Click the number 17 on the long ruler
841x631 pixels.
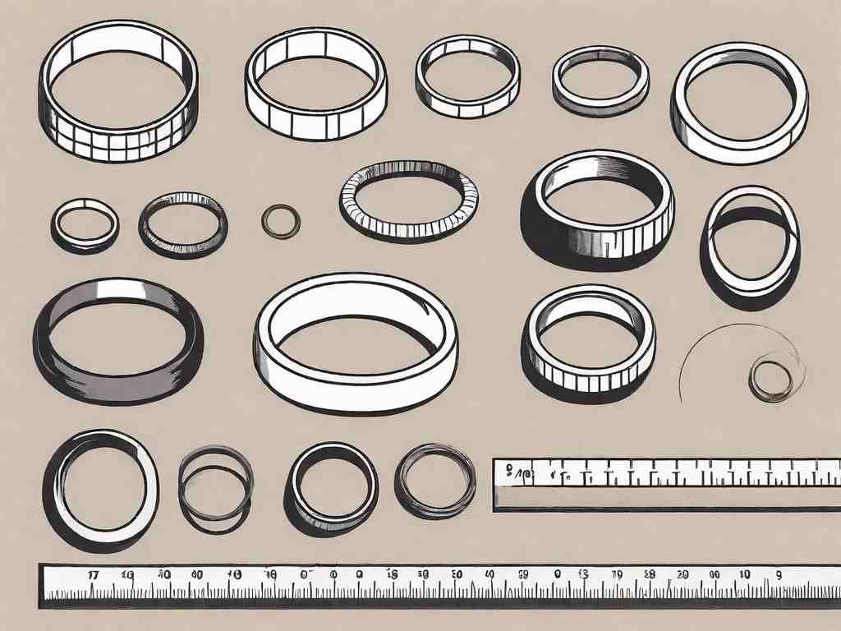pos(93,575)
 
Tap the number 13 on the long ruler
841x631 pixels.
pos(584,575)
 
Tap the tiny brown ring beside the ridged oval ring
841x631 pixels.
pos(280,221)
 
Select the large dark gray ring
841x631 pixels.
pos(117,339)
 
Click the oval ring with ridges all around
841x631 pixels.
pos(408,200)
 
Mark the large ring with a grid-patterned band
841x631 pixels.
pos(117,90)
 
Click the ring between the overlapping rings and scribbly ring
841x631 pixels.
pos(332,486)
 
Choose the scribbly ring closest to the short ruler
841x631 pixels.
pos(435,480)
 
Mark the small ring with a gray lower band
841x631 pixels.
pos(600,81)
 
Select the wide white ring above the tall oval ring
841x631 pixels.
pos(739,102)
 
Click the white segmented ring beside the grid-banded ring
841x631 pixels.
pos(315,83)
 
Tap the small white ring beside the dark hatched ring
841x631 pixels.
pos(85,223)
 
